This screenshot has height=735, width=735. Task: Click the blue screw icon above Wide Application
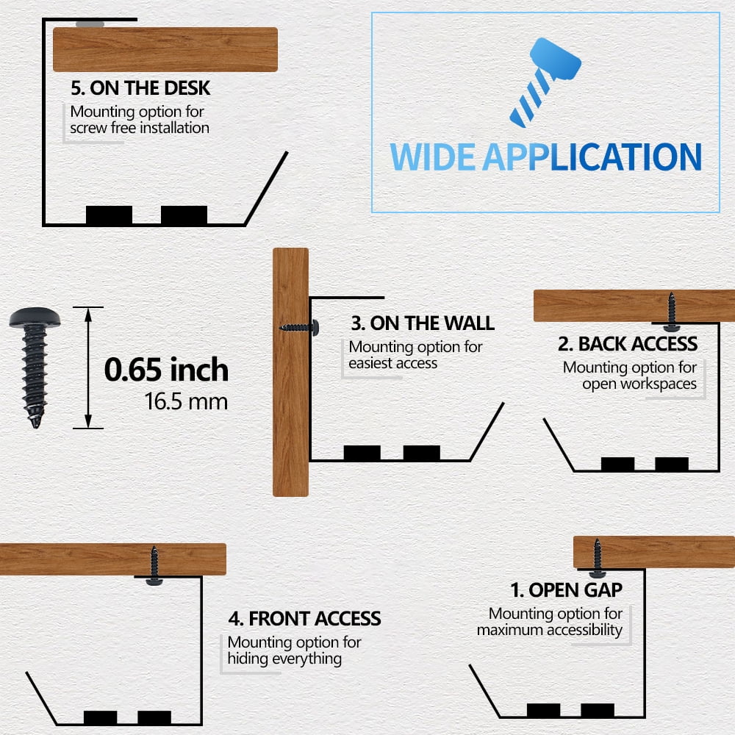545,82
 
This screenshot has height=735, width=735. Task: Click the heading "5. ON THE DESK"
140,88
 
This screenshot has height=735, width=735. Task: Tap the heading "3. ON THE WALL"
423,323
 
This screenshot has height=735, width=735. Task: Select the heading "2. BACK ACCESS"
627,343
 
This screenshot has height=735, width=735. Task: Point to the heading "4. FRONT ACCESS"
305,618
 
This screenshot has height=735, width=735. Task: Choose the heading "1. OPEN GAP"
566,589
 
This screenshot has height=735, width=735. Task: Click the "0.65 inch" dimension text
166,370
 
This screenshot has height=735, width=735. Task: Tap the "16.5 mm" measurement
186,402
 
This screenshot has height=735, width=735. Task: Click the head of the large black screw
35,318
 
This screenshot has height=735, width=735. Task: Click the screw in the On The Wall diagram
299,328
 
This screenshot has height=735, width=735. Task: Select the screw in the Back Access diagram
671,312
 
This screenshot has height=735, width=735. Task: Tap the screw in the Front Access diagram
154,566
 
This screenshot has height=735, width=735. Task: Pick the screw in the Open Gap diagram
597,559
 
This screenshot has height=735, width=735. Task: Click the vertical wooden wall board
290,372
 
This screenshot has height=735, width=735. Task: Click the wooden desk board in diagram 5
165,49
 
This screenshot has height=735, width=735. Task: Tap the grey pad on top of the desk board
90,24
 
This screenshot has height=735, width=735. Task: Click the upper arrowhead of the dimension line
88,315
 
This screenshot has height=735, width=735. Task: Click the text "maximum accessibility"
549,630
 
